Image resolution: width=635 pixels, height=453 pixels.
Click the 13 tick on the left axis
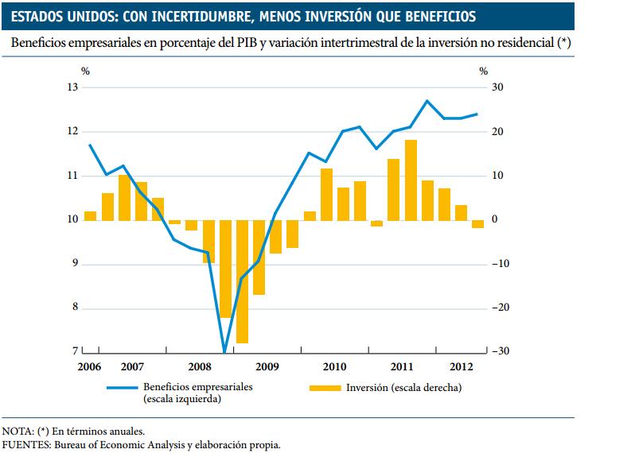(x=73, y=87)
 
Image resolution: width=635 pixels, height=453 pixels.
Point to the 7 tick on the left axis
(x=76, y=351)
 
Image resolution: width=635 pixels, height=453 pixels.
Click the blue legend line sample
(x=123, y=388)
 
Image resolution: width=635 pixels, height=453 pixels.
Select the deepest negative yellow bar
(x=242, y=281)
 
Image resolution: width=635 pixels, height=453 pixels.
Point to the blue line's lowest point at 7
(x=224, y=350)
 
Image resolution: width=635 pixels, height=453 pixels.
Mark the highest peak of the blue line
(x=427, y=101)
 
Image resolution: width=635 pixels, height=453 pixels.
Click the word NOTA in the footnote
(x=17, y=432)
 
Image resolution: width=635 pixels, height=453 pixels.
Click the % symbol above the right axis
(x=483, y=71)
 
